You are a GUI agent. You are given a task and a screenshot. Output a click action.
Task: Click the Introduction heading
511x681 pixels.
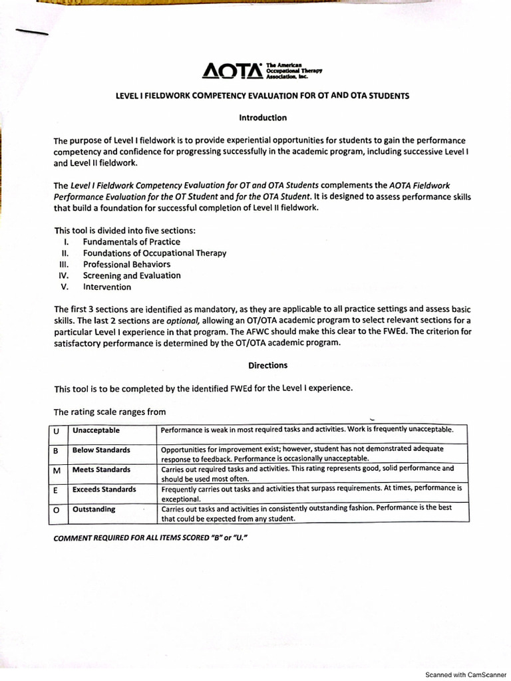click(263, 118)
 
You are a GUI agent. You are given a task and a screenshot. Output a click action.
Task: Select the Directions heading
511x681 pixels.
click(267, 365)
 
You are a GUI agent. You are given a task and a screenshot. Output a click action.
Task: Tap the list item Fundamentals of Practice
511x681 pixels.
click(131, 242)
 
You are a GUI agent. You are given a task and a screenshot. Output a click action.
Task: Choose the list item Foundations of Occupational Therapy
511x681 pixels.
click(154, 253)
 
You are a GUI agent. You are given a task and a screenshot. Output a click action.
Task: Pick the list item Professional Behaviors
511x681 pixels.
click(126, 265)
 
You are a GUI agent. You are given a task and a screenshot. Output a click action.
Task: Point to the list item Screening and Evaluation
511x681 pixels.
click(132, 276)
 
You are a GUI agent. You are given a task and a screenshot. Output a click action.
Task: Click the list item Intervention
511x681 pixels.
click(106, 287)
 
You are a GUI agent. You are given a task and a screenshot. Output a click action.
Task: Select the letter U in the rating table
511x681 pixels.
click(57, 430)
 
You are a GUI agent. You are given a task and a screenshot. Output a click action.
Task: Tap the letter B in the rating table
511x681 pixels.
click(57, 451)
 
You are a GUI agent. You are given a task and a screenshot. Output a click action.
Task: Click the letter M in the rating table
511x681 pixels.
click(57, 470)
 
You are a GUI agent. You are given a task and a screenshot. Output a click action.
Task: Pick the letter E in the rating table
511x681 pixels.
click(57, 490)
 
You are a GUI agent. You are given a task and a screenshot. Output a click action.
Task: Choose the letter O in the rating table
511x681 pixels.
click(57, 510)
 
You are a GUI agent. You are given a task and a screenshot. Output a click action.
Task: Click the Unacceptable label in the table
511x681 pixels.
click(96, 430)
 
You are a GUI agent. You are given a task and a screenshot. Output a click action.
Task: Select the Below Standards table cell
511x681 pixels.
click(101, 450)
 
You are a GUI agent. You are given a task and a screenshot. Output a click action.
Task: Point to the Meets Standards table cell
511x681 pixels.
click(101, 470)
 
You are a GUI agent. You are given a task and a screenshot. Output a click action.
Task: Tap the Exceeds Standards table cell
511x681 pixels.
click(104, 489)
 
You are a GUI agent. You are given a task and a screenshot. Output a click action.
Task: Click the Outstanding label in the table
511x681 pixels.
click(94, 509)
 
